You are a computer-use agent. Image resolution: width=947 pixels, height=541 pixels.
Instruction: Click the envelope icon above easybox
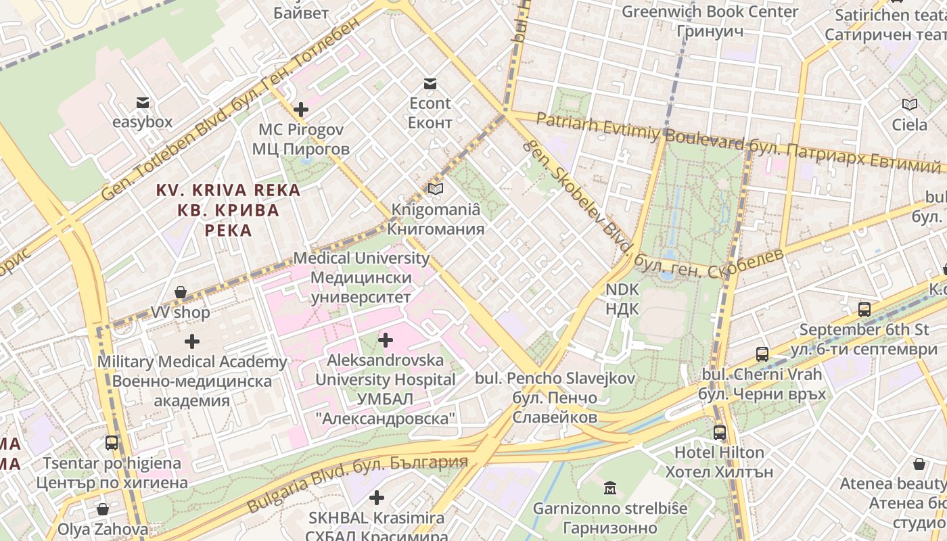coord(143,103)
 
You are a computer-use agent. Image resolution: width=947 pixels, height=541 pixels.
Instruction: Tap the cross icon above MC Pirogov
coord(301,110)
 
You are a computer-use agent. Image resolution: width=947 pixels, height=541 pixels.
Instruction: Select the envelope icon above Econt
coord(430,84)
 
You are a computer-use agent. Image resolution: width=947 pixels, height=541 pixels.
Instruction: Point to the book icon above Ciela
coord(910,104)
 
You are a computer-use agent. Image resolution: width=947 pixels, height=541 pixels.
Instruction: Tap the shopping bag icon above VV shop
coord(181,292)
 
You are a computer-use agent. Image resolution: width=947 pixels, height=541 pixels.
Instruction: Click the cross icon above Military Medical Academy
coord(193,342)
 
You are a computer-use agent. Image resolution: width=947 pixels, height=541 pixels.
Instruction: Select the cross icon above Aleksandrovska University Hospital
coord(386,339)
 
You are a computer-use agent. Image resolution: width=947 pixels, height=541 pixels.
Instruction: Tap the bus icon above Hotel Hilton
coord(720,432)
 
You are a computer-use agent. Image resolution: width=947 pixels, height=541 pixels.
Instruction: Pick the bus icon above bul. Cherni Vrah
coord(762,354)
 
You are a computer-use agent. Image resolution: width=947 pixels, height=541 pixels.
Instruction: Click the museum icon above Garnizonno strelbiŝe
coord(610,488)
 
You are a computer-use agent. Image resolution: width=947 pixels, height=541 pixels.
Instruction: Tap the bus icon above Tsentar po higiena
coord(112,443)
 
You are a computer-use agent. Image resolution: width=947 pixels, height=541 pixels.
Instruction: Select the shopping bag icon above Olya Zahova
coord(103,509)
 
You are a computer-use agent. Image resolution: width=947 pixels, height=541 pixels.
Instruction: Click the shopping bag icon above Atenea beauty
coord(919,464)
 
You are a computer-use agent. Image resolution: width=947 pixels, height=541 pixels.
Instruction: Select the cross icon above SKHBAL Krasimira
coord(377,498)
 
